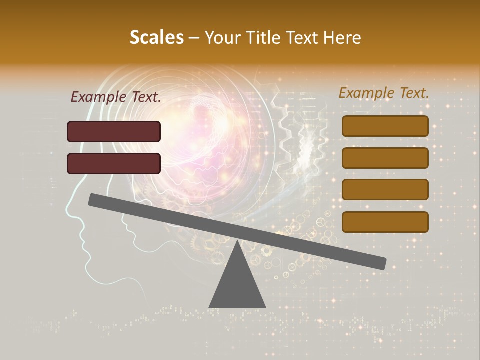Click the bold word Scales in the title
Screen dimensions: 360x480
coord(156,38)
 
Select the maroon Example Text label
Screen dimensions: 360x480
coord(115,97)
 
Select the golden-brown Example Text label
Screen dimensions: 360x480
coord(384,93)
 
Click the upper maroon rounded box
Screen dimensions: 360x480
coord(114,131)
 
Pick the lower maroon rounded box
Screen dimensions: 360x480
coord(114,163)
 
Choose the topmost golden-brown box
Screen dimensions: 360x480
coord(385,126)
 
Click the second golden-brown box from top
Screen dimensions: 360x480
coord(385,158)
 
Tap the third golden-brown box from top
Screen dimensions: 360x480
coord(385,189)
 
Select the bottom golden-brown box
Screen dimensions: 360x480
coord(385,222)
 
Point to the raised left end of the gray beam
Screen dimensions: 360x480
coord(93,199)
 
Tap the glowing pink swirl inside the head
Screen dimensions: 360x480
coord(210,130)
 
